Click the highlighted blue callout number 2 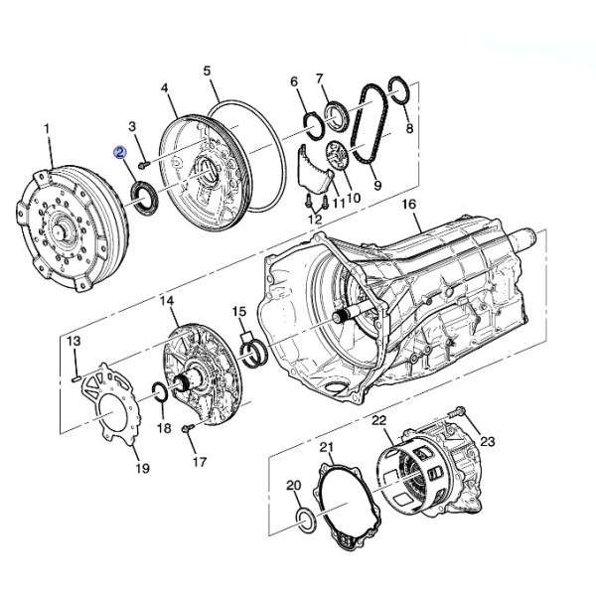coord(120,153)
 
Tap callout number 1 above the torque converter coord(47,129)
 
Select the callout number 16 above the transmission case coord(407,205)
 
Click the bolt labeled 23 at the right coord(460,411)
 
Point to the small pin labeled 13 coord(77,375)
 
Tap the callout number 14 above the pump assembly coord(166,300)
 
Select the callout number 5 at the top coord(208,71)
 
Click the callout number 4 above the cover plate coord(165,88)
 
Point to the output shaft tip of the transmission coord(532,236)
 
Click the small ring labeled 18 coord(159,394)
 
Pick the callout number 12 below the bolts coord(315,219)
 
